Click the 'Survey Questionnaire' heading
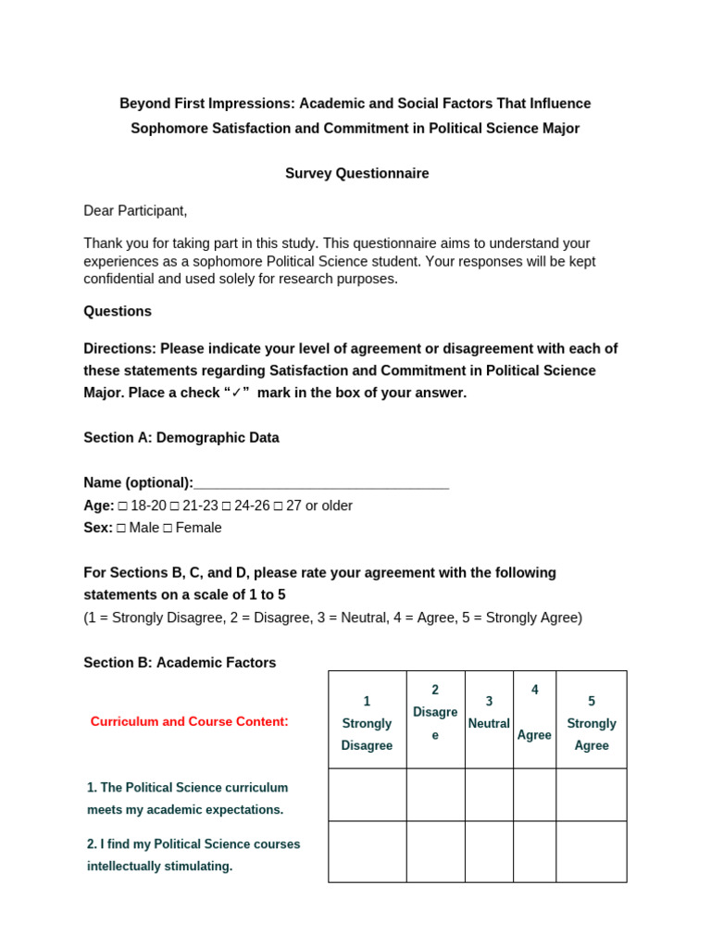click(x=356, y=173)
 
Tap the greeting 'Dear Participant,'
click(x=135, y=210)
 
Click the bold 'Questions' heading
click(x=118, y=311)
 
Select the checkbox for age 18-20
click(x=123, y=506)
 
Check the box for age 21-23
click(x=176, y=506)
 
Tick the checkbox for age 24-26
click(x=227, y=506)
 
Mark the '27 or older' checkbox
click(x=279, y=506)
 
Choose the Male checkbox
click(x=121, y=529)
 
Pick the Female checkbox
click(x=168, y=529)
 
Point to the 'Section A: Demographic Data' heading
click(x=181, y=438)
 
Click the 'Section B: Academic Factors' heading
click(x=180, y=663)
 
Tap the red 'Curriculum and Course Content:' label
click(x=190, y=721)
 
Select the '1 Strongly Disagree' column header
click(x=367, y=723)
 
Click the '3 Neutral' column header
click(x=489, y=713)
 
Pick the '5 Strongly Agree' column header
click(x=592, y=723)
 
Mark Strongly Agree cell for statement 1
click(x=592, y=794)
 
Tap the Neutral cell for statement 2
click(x=489, y=852)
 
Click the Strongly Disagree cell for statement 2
click(x=367, y=852)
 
